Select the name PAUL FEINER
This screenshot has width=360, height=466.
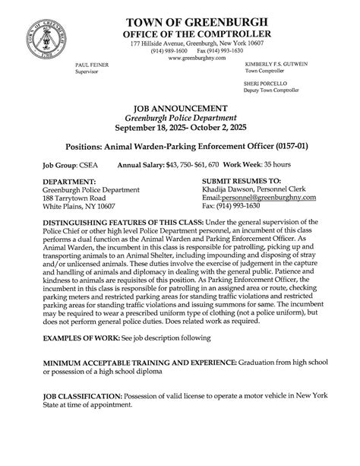click(92, 65)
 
